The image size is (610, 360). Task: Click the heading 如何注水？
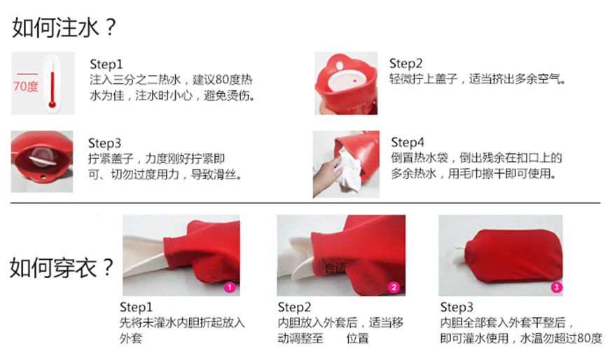tap(64, 27)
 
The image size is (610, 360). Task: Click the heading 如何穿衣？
tap(62, 268)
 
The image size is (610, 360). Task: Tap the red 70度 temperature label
tap(26, 86)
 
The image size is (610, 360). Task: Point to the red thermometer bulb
tap(52, 104)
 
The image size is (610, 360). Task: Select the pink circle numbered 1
tap(230, 287)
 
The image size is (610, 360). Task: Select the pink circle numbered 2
tap(394, 287)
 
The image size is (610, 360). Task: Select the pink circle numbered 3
tap(556, 287)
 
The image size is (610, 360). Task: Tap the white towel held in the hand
tap(348, 170)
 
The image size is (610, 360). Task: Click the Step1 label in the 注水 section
tap(106, 64)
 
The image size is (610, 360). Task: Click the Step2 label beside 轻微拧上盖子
tap(405, 63)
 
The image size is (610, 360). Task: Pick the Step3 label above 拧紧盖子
tap(104, 143)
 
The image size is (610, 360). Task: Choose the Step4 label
tap(408, 142)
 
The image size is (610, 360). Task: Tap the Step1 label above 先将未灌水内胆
tap(136, 307)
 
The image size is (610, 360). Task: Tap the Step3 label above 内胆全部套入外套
tap(457, 307)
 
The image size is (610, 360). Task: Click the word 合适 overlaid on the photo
tap(335, 268)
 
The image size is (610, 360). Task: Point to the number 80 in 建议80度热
tap(223, 80)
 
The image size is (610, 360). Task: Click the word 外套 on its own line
tap(131, 338)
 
